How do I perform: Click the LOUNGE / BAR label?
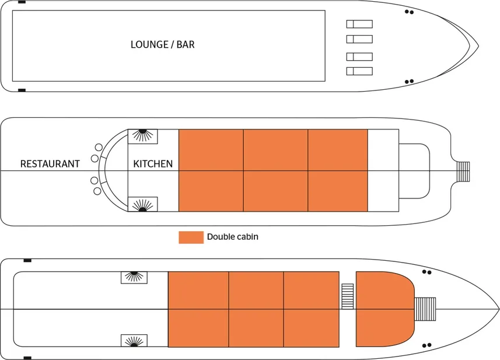point(162,44)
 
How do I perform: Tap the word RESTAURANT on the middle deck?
point(50,164)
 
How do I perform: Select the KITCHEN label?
point(153,164)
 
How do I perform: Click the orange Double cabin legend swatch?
point(191,237)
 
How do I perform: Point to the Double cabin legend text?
point(232,237)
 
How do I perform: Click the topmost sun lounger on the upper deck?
point(359,24)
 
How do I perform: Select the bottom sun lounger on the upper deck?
point(359,71)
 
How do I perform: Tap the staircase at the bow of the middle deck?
point(463,170)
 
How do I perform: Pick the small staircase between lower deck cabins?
point(348,296)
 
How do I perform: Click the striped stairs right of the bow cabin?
point(425,309)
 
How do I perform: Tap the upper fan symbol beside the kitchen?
point(142,136)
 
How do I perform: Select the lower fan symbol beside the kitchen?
point(142,204)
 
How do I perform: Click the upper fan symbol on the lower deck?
point(134,277)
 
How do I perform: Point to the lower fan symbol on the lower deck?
point(134,341)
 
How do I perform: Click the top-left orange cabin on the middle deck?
point(211,149)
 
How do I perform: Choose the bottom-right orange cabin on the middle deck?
point(338,191)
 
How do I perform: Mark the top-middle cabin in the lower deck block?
point(256,289)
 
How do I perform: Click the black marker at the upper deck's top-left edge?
point(22,2)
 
